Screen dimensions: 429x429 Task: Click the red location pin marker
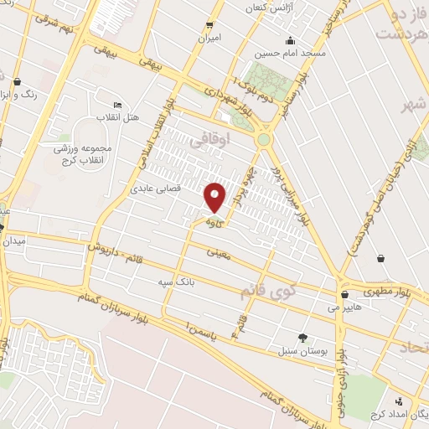tap(215, 197)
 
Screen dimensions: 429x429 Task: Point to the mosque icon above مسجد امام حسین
tap(290, 41)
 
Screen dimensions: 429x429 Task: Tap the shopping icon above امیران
tap(209, 25)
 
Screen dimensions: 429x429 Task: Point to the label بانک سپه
tap(177, 282)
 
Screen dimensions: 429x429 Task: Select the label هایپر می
tap(345, 308)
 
